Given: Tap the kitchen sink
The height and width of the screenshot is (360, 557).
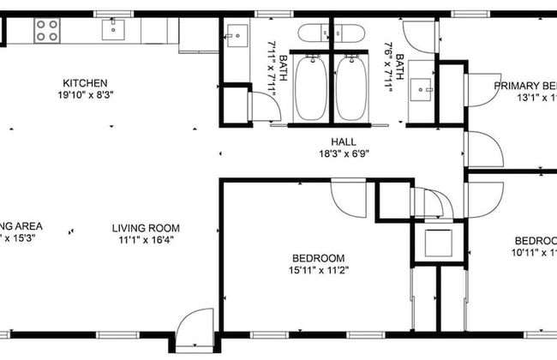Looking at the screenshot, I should coord(112,31).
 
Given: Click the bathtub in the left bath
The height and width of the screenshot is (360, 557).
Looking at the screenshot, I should coord(310,88).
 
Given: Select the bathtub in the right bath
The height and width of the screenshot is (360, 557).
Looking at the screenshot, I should coord(351,88).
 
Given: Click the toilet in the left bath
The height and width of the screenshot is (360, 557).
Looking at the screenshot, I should coord(312,33).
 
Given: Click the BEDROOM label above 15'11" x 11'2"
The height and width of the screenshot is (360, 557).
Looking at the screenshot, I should coord(318,258).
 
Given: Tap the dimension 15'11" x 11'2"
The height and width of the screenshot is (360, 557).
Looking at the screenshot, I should coord(318,270).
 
